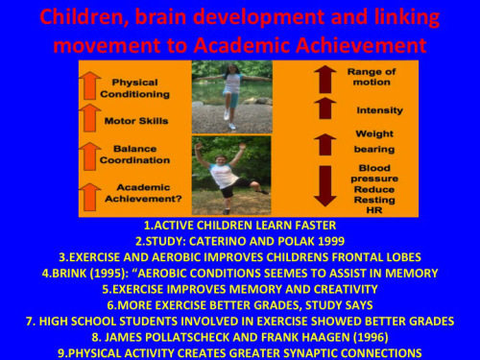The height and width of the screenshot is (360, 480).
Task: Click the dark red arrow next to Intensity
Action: point(326,110)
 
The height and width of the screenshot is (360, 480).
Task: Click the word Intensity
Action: point(379,110)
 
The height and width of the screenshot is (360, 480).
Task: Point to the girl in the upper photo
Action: point(230,93)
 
